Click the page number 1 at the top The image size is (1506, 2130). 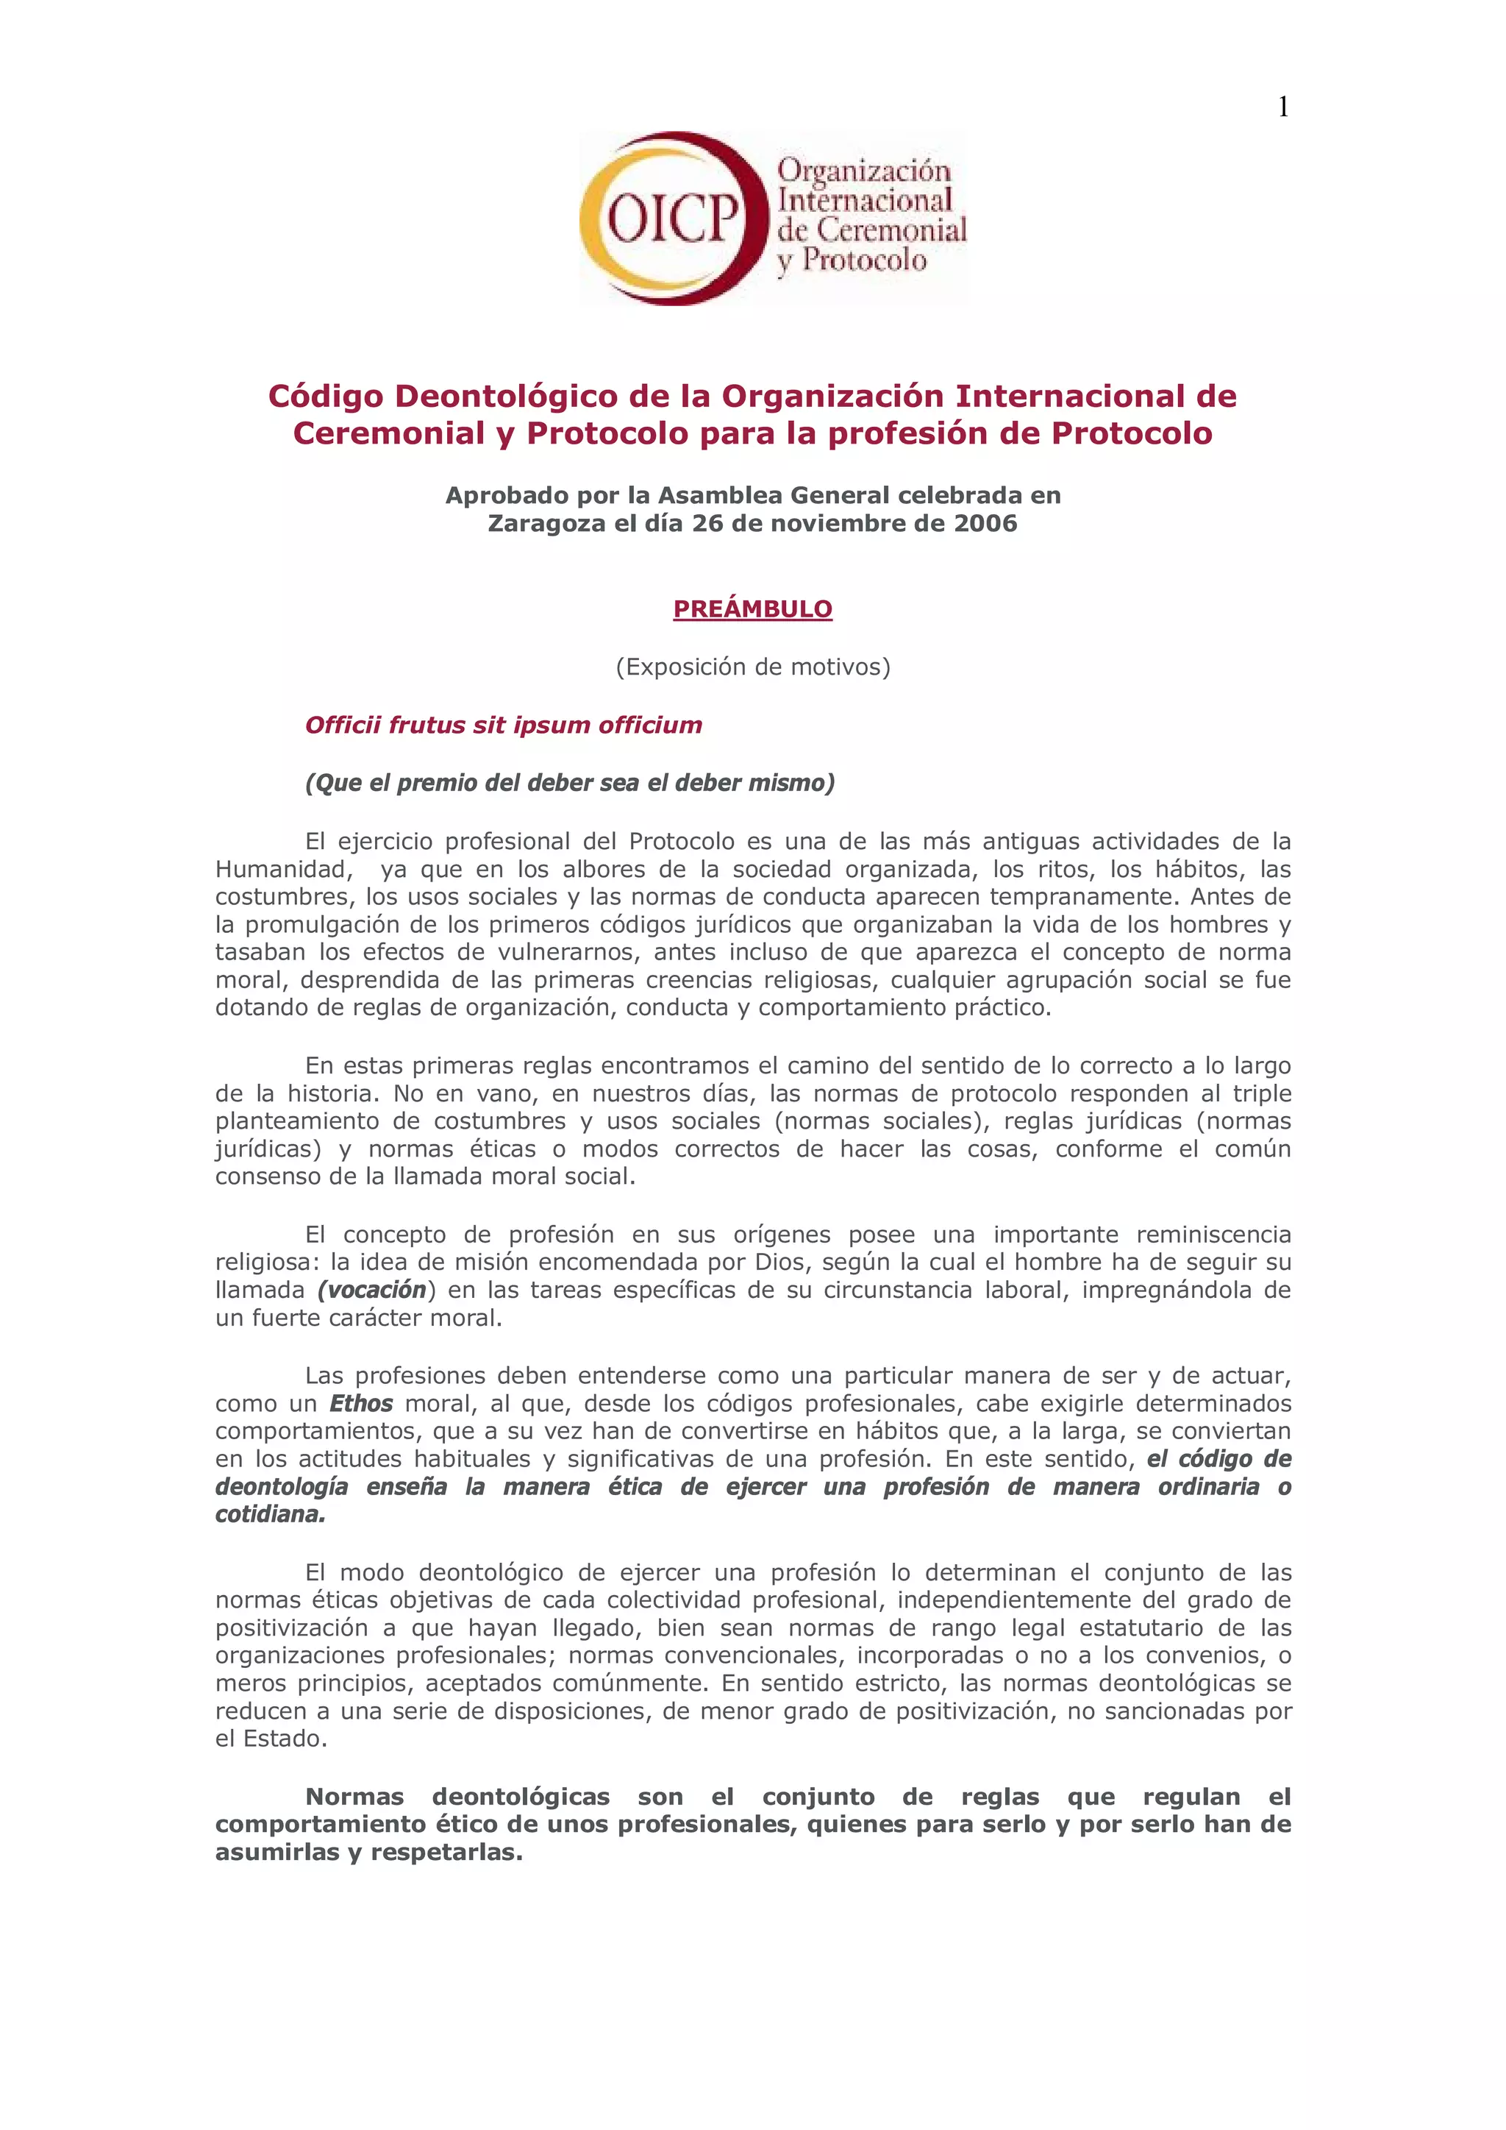pos(1282,107)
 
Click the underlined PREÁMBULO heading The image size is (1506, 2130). pos(752,608)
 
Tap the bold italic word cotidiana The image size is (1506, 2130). pos(269,1514)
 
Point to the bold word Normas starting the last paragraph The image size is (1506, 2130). pos(354,1797)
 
